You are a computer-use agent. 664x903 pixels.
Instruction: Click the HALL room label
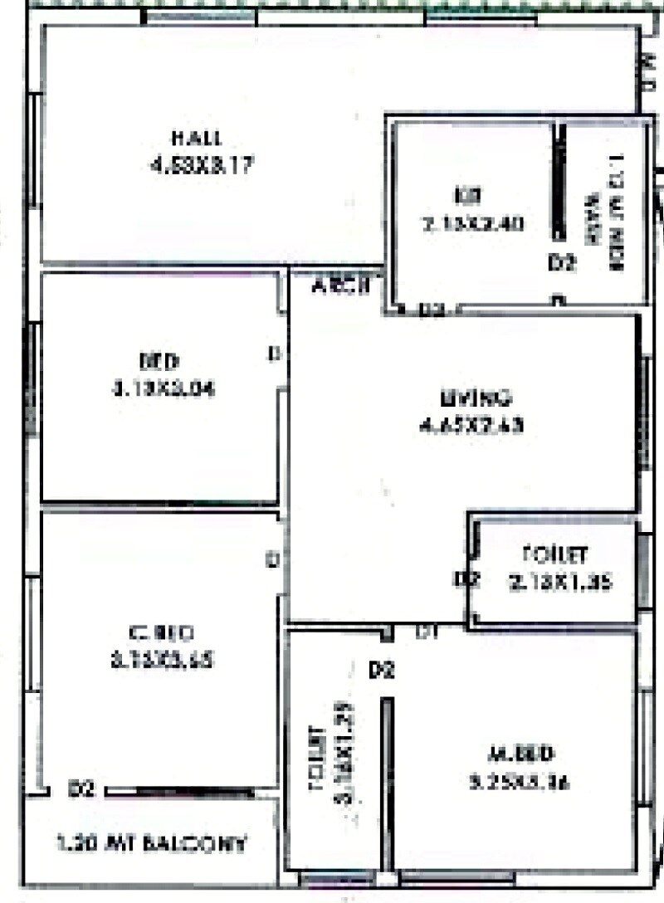pyautogui.click(x=197, y=137)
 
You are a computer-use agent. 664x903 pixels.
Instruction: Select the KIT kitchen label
pyautogui.click(x=462, y=196)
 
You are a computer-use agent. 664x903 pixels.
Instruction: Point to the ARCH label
pyautogui.click(x=339, y=287)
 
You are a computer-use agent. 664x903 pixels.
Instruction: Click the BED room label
pyautogui.click(x=159, y=362)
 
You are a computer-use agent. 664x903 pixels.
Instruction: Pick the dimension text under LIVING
pyautogui.click(x=473, y=426)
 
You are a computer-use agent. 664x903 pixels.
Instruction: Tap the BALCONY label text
pyautogui.click(x=152, y=844)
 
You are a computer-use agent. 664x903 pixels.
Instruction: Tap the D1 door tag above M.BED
pyautogui.click(x=427, y=632)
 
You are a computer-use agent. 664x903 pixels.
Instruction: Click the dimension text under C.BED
pyautogui.click(x=162, y=661)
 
